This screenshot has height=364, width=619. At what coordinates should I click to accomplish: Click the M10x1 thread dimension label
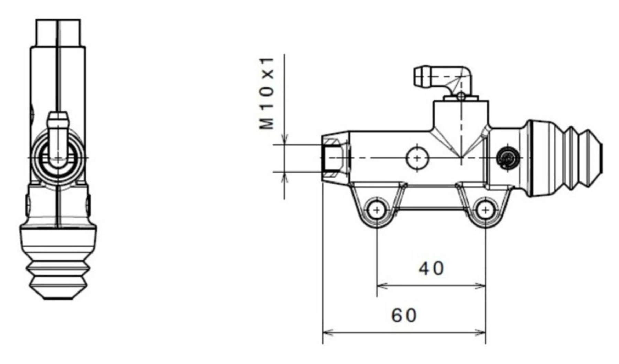point(267,93)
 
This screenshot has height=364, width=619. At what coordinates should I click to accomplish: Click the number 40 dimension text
point(431,268)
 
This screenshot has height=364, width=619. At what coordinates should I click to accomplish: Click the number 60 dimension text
point(404,315)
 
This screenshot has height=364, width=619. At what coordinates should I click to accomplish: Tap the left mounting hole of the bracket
point(377,210)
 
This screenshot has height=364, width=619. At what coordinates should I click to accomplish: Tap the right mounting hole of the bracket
point(485,210)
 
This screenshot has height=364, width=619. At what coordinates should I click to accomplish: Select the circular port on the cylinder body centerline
point(417,158)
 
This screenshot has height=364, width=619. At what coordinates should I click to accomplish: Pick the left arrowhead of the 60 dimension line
point(326,332)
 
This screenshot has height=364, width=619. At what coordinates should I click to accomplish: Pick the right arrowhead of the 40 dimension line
point(481,285)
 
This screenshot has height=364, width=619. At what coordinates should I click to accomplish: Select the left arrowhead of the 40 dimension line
point(381,285)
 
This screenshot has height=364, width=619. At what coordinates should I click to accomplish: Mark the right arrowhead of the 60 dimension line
point(481,332)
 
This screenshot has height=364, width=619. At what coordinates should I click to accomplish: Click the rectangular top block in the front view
point(58,32)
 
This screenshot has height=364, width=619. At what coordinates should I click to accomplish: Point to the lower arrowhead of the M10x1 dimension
point(284,177)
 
